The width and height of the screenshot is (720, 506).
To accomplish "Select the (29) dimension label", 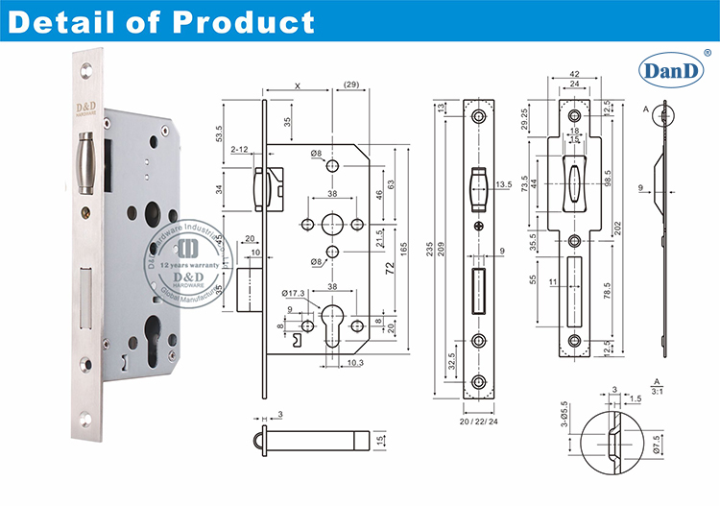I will coord(351,86).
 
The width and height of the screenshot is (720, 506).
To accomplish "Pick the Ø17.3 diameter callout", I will coord(295,292).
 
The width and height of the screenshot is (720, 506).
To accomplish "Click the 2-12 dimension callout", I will coord(240,150).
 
